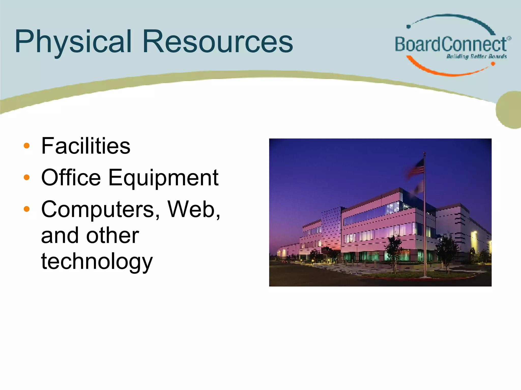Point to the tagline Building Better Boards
(476, 56)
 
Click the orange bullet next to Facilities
(26, 146)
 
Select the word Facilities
(86, 146)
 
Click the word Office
(71, 177)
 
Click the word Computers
(101, 209)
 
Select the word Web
(193, 209)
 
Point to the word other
(112, 236)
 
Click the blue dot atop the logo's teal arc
(409, 26)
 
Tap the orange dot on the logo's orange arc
(493, 64)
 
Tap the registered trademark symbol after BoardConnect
(509, 38)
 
